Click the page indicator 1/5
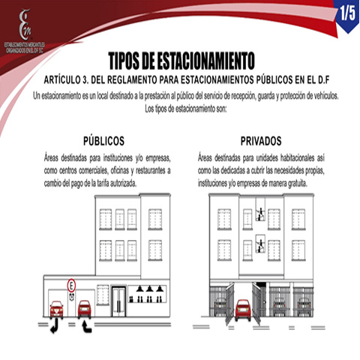click(344, 13)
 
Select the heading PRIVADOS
click(260, 141)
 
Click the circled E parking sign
click(71, 284)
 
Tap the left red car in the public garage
click(55, 307)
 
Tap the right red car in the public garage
click(84, 307)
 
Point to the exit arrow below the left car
click(53, 325)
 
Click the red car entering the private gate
click(243, 309)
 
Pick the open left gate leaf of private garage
click(229, 304)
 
